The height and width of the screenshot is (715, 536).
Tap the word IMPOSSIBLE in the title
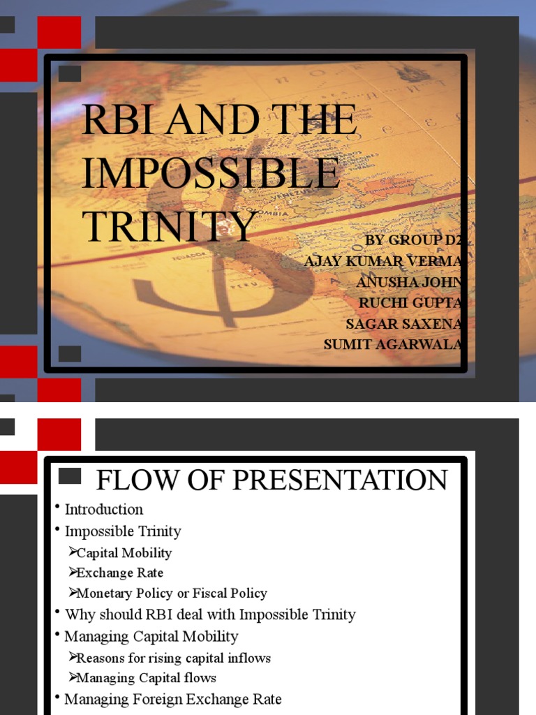211,172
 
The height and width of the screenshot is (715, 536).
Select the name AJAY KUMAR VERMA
383,260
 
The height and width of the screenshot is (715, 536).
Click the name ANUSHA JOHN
409,281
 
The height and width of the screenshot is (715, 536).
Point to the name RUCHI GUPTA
410,302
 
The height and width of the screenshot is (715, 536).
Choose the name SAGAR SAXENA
404,323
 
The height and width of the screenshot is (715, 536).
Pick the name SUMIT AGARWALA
393,344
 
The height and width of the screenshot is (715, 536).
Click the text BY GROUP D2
415,240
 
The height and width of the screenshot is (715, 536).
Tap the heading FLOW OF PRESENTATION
271,480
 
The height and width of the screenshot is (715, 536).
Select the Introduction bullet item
104,509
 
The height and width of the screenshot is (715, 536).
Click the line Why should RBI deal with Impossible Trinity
210,614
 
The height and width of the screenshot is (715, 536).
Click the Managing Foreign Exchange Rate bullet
173,698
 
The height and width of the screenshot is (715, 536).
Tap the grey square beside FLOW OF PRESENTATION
70,476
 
